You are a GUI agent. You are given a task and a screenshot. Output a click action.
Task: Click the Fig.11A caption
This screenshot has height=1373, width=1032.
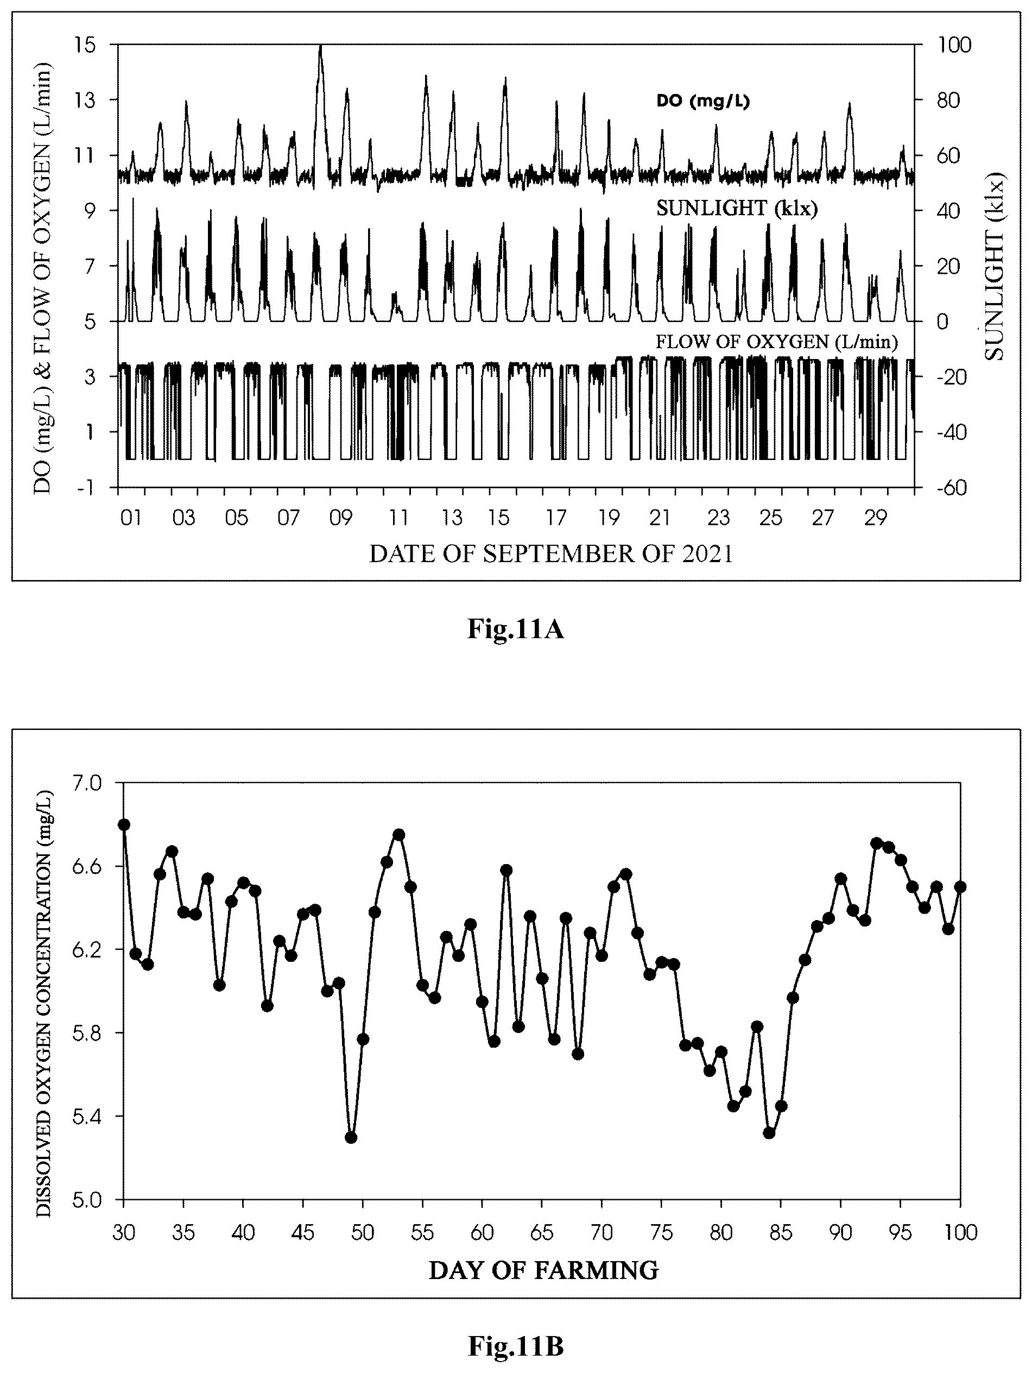coord(515,630)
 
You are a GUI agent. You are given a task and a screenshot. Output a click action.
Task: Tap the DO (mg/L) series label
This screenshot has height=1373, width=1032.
coord(703,101)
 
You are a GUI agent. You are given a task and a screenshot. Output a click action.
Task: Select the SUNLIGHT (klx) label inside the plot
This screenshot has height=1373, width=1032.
coord(737,209)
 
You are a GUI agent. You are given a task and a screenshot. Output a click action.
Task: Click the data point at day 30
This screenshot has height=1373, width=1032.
coord(124,824)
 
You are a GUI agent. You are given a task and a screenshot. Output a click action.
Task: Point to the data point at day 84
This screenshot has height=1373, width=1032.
coord(769,1133)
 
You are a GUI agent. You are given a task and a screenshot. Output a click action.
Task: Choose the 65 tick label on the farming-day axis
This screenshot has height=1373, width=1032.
coord(542,1214)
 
